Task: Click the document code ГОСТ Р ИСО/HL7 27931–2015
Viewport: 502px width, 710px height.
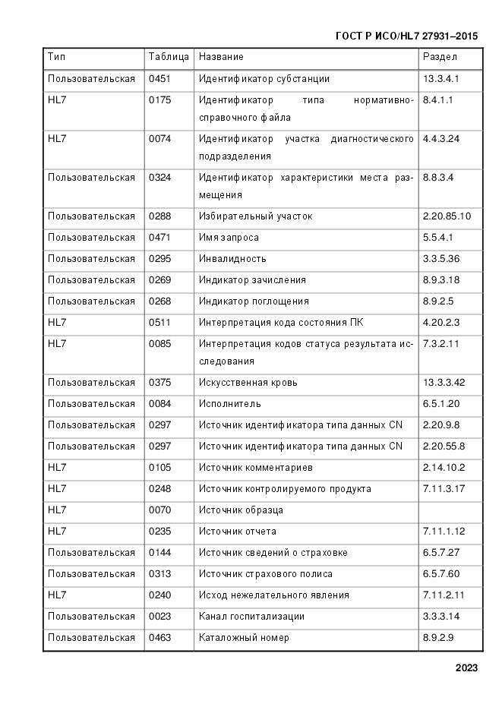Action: click(x=406, y=36)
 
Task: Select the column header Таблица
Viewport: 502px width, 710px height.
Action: click(x=169, y=57)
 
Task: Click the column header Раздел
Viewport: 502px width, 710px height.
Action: click(x=440, y=57)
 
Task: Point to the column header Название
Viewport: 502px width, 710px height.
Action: click(x=221, y=57)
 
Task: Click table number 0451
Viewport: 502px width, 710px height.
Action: click(x=159, y=79)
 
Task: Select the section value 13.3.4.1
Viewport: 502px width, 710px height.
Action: click(x=441, y=79)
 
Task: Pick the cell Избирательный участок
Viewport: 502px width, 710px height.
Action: click(x=255, y=216)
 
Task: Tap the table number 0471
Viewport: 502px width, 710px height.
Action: click(x=159, y=238)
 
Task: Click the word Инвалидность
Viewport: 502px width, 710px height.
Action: click(x=232, y=259)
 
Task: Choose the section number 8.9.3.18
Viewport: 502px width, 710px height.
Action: click(x=441, y=280)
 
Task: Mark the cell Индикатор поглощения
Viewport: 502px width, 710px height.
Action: click(x=254, y=301)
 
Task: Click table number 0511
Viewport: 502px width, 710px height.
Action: click(x=159, y=323)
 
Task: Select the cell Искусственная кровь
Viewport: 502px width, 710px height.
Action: click(x=248, y=383)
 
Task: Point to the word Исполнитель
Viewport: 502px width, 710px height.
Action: click(x=230, y=404)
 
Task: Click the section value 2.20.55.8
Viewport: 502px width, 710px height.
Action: click(x=444, y=447)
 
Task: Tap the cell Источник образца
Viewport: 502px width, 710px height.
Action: click(x=241, y=510)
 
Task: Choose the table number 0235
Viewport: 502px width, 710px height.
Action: click(x=159, y=532)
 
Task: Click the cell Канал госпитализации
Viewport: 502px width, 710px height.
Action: click(x=251, y=617)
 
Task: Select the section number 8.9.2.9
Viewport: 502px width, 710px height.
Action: click(x=438, y=638)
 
